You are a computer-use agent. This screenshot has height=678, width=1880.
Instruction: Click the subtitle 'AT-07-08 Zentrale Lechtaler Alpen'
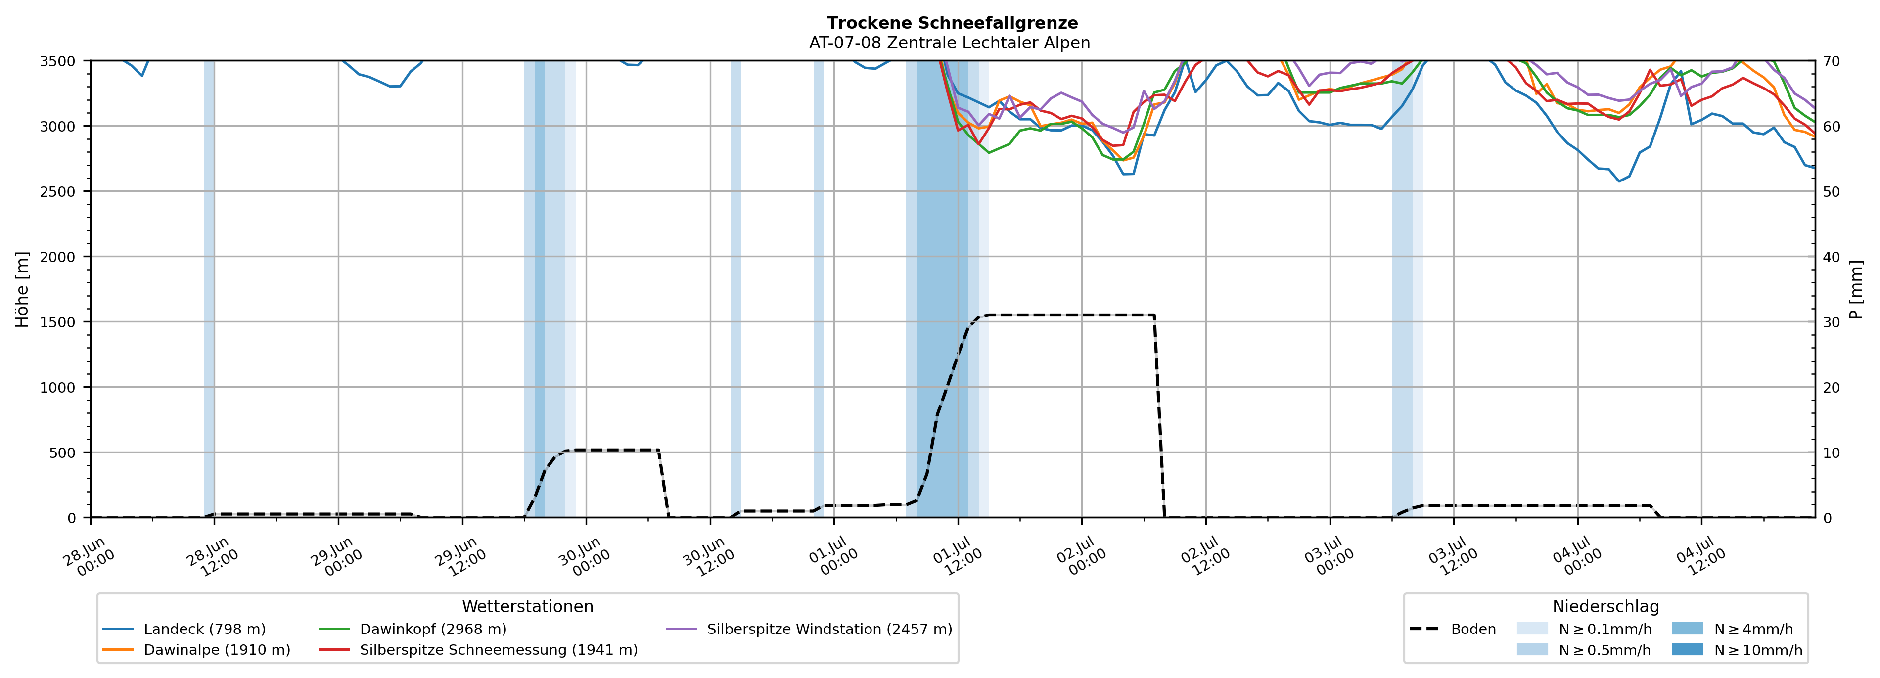(950, 43)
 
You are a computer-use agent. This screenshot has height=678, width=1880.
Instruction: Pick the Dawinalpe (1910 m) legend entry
(196, 649)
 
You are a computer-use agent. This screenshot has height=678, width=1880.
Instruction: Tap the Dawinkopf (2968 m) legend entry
(413, 629)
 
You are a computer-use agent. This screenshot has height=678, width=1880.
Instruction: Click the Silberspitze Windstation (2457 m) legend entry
(809, 629)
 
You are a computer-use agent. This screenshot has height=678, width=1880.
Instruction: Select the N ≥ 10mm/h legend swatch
(1687, 649)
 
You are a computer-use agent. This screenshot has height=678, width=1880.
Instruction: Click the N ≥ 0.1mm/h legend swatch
(1532, 629)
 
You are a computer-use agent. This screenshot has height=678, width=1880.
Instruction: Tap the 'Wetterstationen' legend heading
(528, 606)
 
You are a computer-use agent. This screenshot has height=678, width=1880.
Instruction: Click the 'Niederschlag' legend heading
(1605, 606)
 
